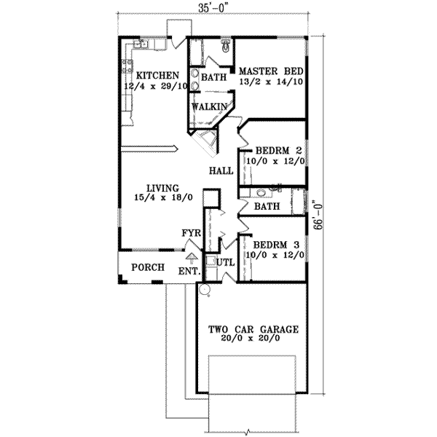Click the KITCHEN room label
(x=155, y=75)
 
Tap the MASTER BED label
(x=269, y=71)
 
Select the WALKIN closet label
(x=209, y=107)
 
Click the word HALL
(x=221, y=172)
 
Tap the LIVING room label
(x=161, y=187)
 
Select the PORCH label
(x=146, y=267)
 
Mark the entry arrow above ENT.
(x=192, y=257)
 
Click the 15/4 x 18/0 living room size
(x=161, y=197)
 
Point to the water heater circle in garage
(x=205, y=290)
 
